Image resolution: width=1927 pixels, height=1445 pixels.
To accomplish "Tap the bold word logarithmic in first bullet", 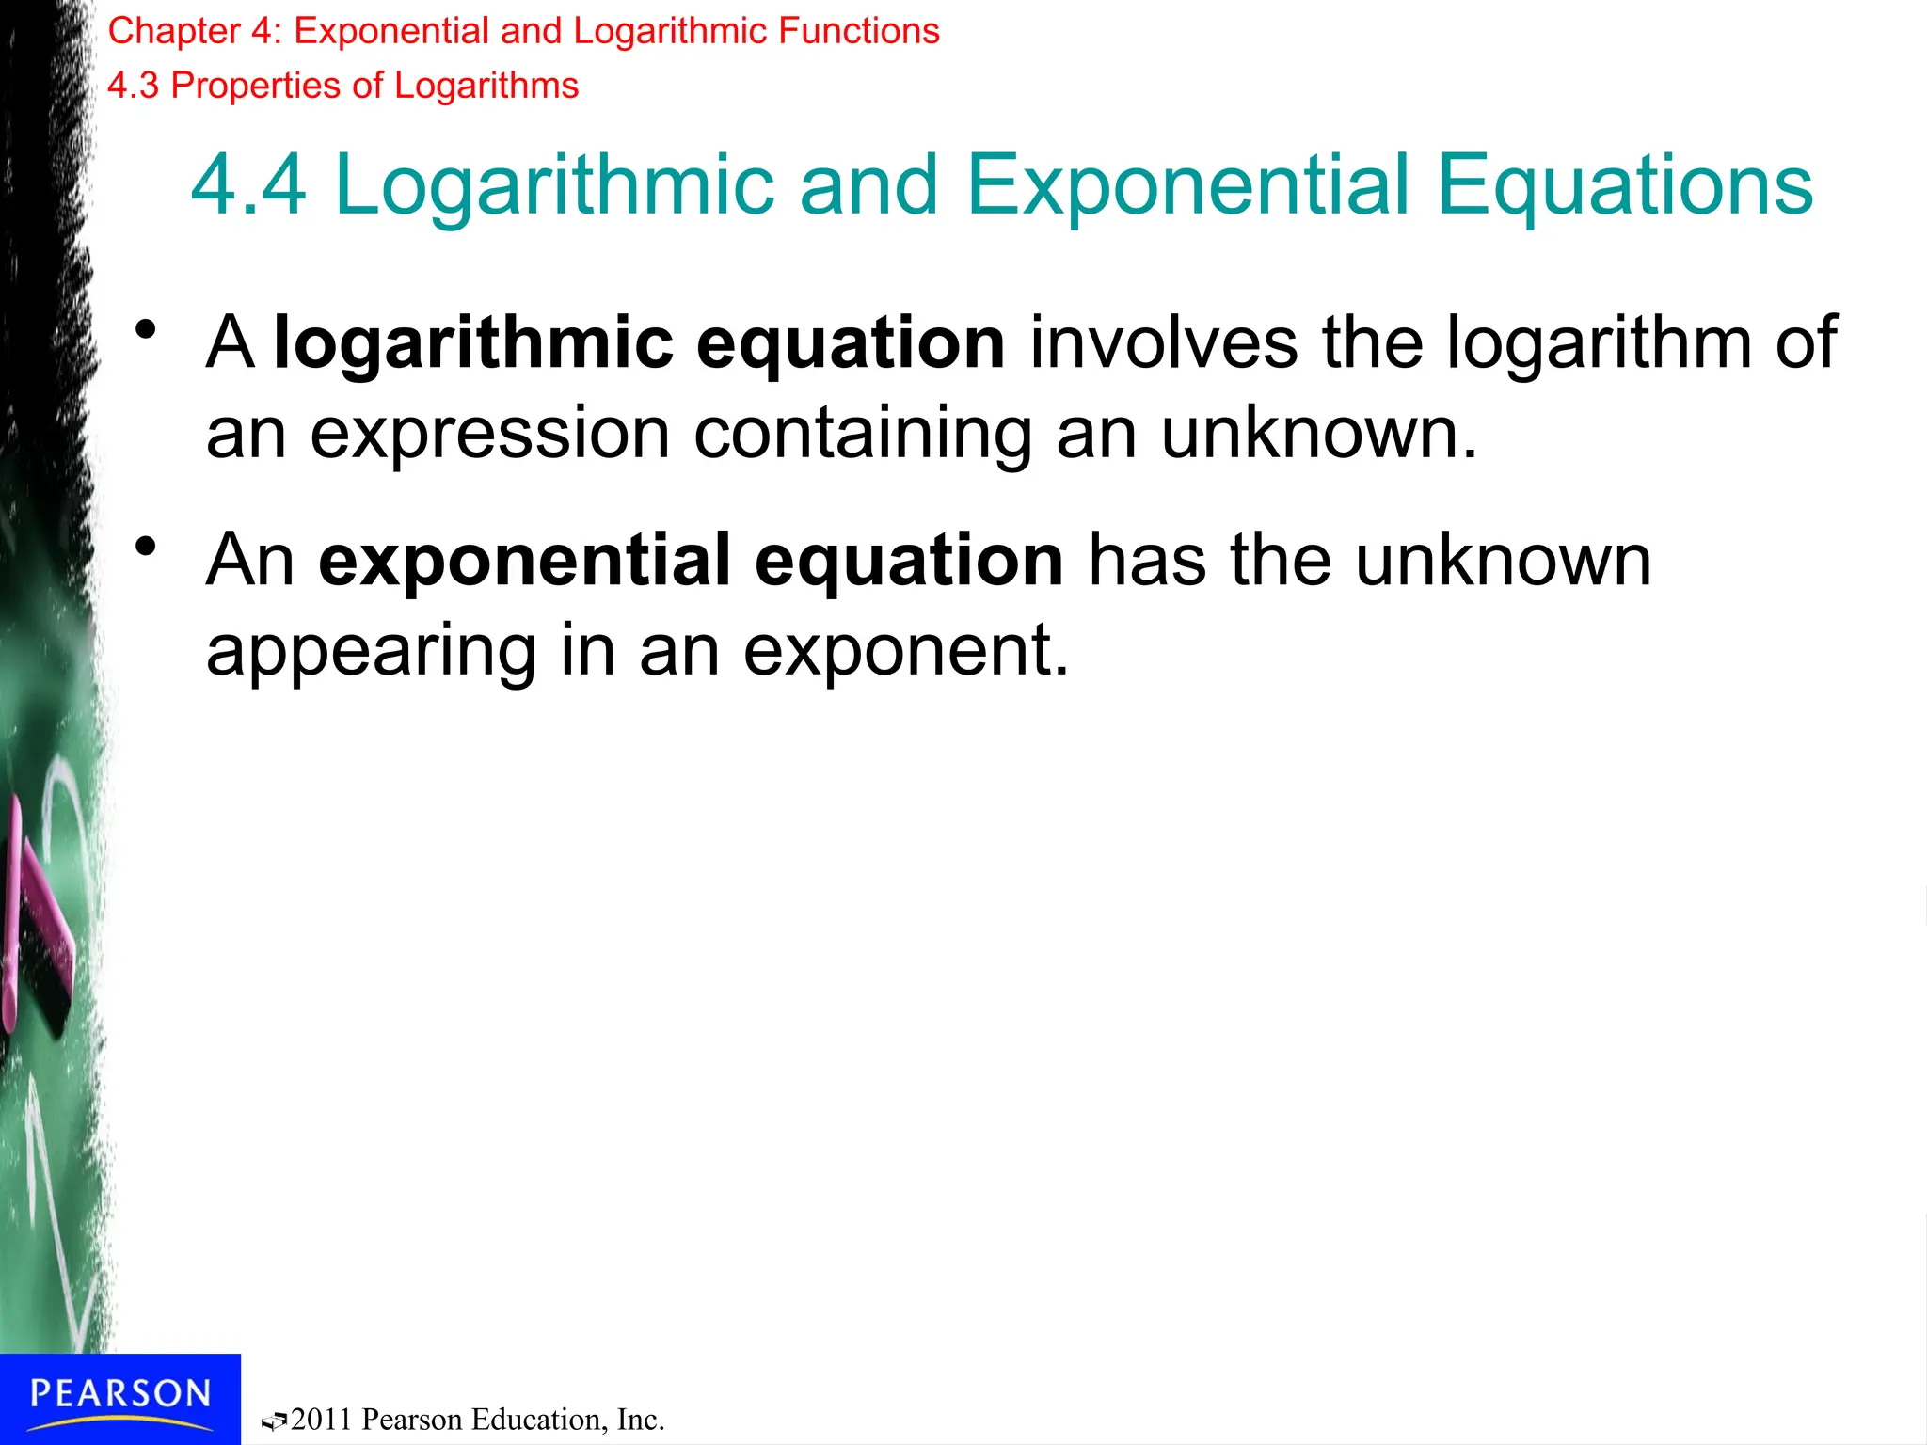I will point(472,342).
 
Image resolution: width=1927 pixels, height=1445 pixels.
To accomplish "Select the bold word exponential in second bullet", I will point(524,561).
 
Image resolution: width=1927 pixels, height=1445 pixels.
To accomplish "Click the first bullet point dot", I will point(145,330).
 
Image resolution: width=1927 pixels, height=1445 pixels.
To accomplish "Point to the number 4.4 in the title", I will point(248,185).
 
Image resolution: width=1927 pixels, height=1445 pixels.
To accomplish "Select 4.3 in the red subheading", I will point(133,87).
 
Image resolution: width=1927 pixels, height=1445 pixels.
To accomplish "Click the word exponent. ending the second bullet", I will point(906,651).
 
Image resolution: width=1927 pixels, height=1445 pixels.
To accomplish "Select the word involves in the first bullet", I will point(1164,342).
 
